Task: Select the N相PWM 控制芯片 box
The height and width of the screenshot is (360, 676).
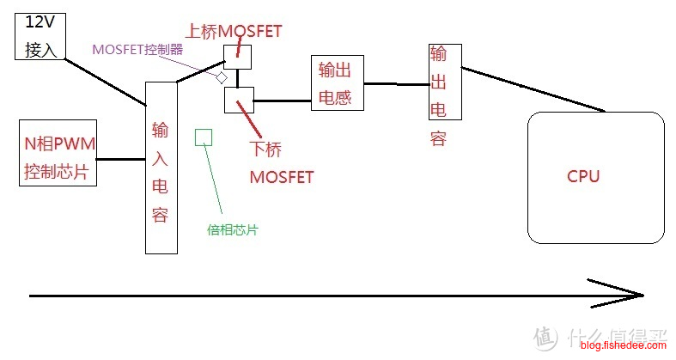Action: click(x=58, y=152)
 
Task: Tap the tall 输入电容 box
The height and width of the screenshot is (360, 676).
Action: click(x=161, y=167)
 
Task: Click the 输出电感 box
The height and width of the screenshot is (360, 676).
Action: click(x=337, y=82)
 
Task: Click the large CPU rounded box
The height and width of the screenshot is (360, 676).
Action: click(x=594, y=177)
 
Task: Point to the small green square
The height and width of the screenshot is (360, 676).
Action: click(x=204, y=137)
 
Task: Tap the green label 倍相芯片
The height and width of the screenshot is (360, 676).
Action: click(x=233, y=229)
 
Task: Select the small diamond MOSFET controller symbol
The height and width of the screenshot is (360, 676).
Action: click(x=221, y=77)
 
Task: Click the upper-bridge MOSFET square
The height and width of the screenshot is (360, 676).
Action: click(x=237, y=57)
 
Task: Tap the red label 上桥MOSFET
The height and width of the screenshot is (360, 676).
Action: click(x=234, y=32)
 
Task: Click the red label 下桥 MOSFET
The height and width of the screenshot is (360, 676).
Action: click(x=280, y=162)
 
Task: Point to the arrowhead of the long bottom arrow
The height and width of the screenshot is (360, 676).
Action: click(x=636, y=295)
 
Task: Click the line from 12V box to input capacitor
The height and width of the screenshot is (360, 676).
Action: click(x=103, y=82)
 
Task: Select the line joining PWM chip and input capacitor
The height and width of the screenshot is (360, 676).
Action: click(x=120, y=159)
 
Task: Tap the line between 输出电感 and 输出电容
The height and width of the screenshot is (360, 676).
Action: click(x=396, y=83)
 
